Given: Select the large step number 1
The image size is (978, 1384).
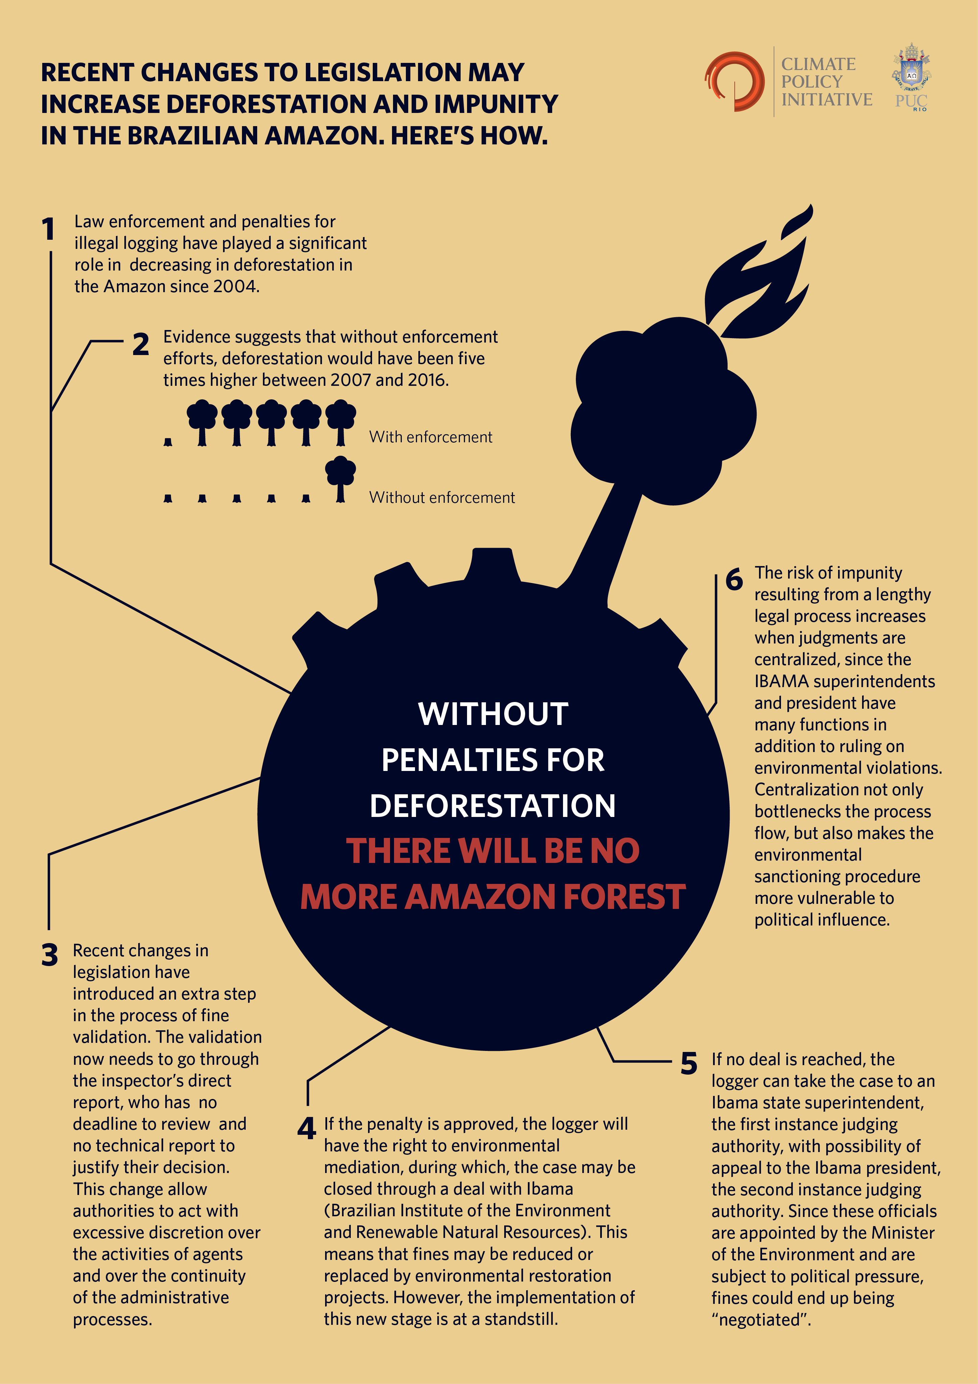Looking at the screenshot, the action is (x=48, y=229).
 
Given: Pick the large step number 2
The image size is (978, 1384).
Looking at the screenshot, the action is (x=141, y=344).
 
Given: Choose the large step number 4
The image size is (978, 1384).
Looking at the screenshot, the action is (x=307, y=1128).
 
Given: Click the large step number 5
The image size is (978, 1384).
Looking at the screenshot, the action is (x=689, y=1063).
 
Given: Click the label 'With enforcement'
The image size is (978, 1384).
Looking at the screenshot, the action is (x=431, y=437).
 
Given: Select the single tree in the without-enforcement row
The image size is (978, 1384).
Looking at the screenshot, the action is (x=340, y=479).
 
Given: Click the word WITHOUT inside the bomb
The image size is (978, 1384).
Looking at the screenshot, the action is (x=493, y=714).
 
